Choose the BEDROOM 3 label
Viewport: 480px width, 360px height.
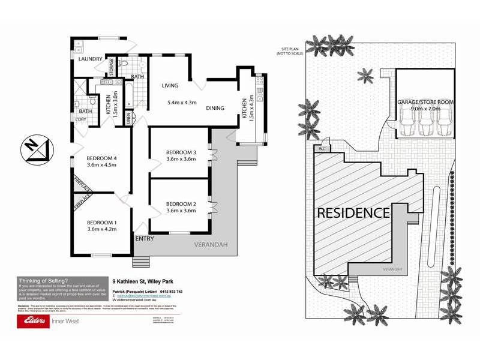coord(181,152)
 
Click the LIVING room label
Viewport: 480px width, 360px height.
coord(171,85)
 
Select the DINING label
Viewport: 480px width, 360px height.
coord(215,109)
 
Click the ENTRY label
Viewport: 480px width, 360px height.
coord(145,239)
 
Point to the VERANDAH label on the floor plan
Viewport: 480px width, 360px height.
coord(208,245)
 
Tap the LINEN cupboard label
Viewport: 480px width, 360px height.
coord(129,118)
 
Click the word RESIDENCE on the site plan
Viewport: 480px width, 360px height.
coord(353,212)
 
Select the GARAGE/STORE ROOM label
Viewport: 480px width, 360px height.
coord(425,103)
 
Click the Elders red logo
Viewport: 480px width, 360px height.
coord(38,320)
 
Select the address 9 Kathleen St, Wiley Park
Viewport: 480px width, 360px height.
coord(148,280)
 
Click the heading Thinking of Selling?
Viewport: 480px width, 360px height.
coord(44,280)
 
